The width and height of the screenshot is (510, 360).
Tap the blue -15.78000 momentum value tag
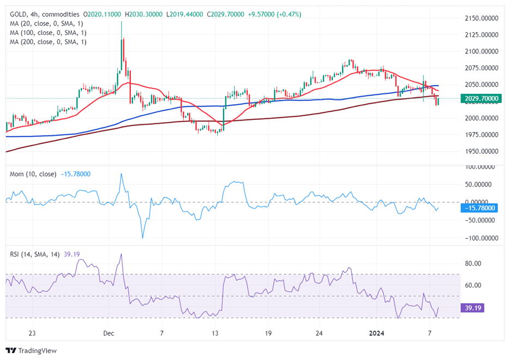pyautogui.click(x=481, y=208)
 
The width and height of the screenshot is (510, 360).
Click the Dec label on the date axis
pyautogui.click(x=109, y=333)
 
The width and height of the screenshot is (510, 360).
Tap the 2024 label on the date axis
pyautogui.click(x=377, y=333)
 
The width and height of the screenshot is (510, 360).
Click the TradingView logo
pyautogui.click(x=31, y=350)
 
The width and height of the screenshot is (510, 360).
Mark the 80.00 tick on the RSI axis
pyautogui.click(x=473, y=263)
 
